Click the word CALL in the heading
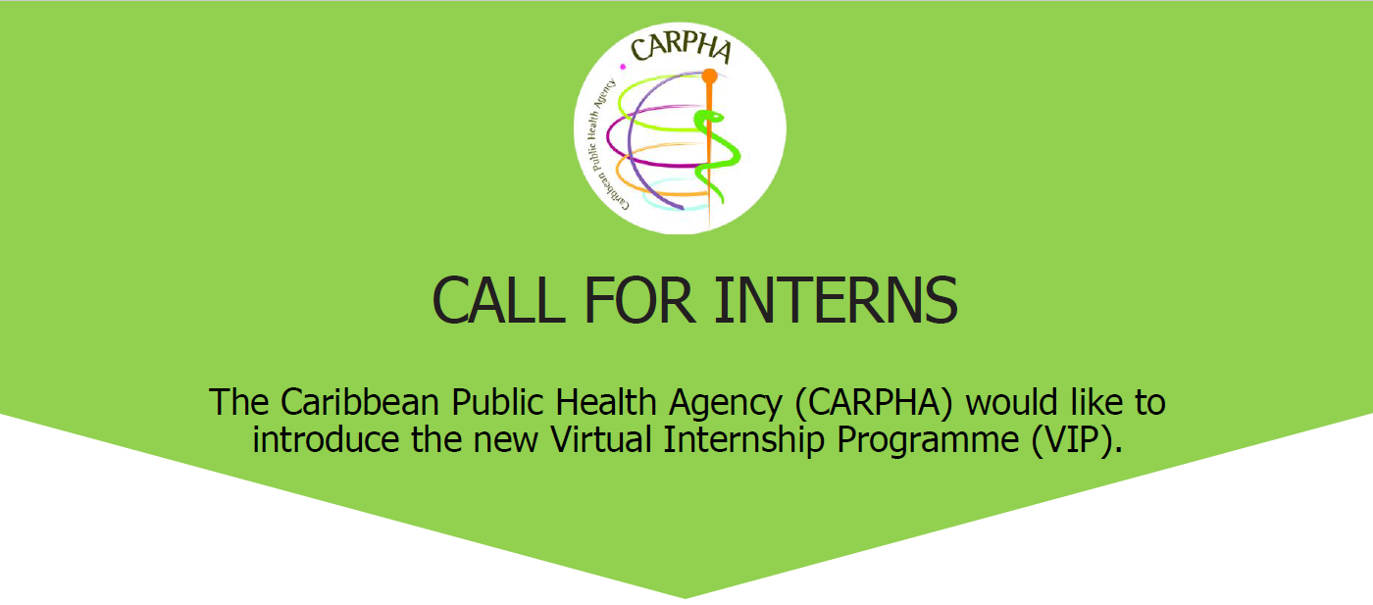click(x=497, y=301)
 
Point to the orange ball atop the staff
click(x=709, y=75)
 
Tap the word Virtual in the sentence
click(x=602, y=440)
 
